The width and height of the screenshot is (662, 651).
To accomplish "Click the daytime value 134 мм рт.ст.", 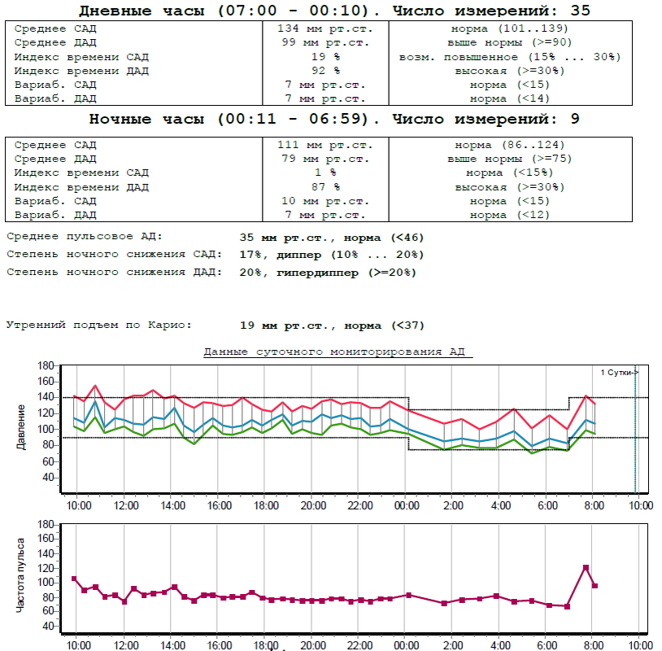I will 324,28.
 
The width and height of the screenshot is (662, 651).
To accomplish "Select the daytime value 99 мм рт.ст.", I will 324,42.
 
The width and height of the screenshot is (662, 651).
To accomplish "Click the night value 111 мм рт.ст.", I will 324,145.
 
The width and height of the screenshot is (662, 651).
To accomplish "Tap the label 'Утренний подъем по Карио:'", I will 99,325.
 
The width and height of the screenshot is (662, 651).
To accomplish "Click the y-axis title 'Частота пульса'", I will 21,576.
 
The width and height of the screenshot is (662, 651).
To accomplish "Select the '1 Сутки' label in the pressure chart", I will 619,372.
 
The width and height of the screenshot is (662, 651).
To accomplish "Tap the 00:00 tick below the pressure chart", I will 405,505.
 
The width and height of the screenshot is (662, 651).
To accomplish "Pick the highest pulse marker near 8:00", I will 586,568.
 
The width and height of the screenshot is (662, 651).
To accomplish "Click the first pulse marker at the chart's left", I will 74,579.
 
